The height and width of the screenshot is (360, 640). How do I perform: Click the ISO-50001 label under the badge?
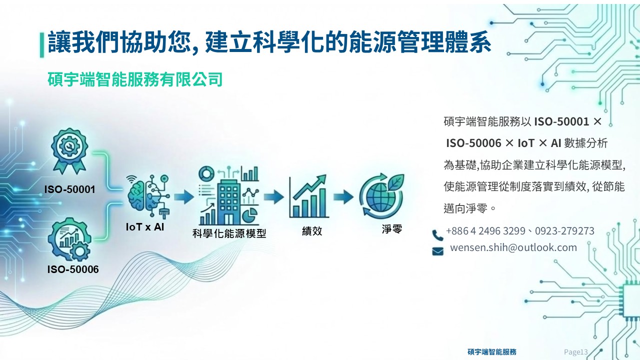coord(69,189)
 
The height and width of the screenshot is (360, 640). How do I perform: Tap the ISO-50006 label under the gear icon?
coord(73,269)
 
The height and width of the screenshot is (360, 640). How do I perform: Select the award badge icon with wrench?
coord(69,150)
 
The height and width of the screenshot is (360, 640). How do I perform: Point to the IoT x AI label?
coord(145,227)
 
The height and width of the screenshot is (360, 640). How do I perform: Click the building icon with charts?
coord(228,195)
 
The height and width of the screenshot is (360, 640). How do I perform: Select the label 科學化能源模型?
coord(229,233)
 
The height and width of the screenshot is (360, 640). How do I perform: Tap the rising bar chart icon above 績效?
coord(308,196)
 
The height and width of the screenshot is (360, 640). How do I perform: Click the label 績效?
coord(312,231)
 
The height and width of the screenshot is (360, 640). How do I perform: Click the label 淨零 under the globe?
coord(392,229)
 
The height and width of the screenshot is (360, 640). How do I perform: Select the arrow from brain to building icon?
coord(184,196)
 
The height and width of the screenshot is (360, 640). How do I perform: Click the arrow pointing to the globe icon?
coord(343,196)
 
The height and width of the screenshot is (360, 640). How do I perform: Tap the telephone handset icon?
coord(437,235)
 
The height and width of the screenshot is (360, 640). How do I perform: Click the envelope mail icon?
coord(437,251)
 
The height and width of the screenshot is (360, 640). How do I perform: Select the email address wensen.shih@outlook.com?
coord(513,247)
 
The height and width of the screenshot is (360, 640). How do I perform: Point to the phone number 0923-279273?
coord(564,231)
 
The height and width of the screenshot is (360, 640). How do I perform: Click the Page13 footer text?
coord(575,352)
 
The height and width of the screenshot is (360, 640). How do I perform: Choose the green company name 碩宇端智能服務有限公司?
coord(135,79)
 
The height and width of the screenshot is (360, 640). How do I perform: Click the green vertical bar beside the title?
coord(42,45)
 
